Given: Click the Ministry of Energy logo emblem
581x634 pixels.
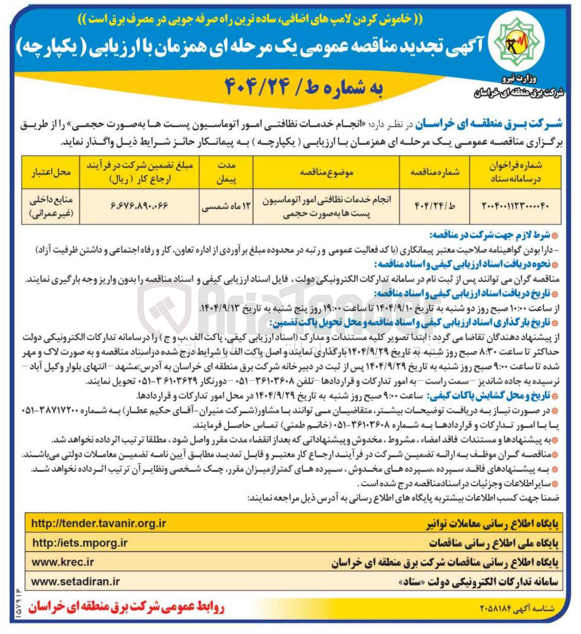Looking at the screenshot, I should tap(518, 43).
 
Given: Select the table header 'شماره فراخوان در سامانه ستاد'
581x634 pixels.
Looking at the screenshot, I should tap(516, 172).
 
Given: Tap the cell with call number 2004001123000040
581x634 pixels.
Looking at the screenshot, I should tap(516, 206).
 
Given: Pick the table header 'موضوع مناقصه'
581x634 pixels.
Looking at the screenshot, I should tap(326, 172).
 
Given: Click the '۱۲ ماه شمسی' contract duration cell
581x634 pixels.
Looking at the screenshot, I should tap(226, 206).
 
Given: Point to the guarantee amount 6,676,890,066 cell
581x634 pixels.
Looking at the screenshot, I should tap(139, 206).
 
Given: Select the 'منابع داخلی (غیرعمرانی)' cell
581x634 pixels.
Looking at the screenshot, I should tap(51, 206).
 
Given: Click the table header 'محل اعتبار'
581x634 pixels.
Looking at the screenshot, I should tap(51, 172).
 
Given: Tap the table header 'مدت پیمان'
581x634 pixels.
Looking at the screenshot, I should tap(226, 172).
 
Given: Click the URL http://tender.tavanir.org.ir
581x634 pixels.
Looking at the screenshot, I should tap(99, 523).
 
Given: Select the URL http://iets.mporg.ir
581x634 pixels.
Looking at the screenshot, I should tap(80, 543).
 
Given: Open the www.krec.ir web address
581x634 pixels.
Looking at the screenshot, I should tap(63, 562).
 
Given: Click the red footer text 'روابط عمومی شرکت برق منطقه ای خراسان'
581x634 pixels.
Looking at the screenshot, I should tap(127, 608).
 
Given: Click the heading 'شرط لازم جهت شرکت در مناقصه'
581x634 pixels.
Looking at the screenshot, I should tap(489, 234).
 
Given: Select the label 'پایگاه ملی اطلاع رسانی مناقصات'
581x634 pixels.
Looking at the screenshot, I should tap(493, 543).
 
